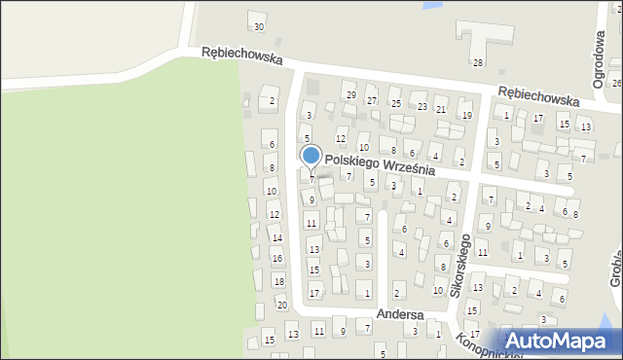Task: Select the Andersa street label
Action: (x=400, y=314)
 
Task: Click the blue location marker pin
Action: (x=311, y=156)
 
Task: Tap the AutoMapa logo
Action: (x=558, y=341)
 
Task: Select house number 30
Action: (x=258, y=26)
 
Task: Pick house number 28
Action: (x=478, y=62)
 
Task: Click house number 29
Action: (x=350, y=94)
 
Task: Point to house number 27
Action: (x=371, y=100)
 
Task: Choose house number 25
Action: (x=395, y=103)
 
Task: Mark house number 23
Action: (x=421, y=106)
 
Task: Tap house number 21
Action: (x=441, y=110)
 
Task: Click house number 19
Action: (x=466, y=115)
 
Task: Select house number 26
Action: (x=616, y=84)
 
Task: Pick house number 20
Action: (x=281, y=306)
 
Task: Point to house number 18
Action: (x=278, y=281)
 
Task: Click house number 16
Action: (x=276, y=258)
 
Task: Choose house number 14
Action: (x=276, y=237)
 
